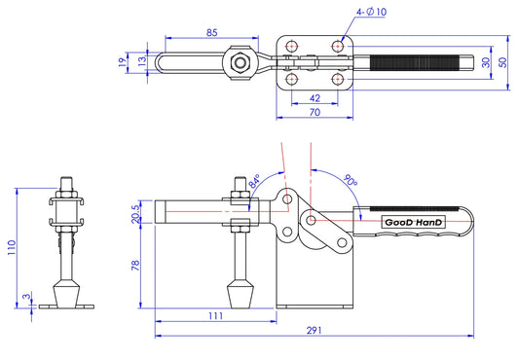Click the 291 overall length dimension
[x=314, y=330]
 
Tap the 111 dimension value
[x=215, y=316]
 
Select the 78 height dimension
[x=135, y=266]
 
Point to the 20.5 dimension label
[x=135, y=214]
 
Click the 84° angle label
[x=255, y=181]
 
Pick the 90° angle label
[x=350, y=180]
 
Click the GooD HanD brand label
[x=413, y=223]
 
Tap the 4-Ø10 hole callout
[x=371, y=12]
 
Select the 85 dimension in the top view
[x=212, y=33]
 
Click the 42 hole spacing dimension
[x=315, y=98]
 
